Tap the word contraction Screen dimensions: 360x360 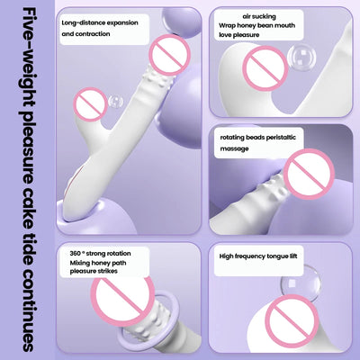coord(93,34)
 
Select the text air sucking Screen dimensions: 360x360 coord(259,16)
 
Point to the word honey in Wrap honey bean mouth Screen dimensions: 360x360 coord(247,25)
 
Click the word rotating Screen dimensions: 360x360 coord(232,138)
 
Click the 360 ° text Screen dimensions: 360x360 coord(77,254)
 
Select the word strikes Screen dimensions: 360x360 coord(107,271)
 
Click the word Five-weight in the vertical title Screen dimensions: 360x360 coord(28,57)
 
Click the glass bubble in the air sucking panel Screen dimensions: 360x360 coord(301,58)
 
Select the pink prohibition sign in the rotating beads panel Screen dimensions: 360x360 coord(309,174)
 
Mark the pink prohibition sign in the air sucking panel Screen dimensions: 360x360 coord(265,68)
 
